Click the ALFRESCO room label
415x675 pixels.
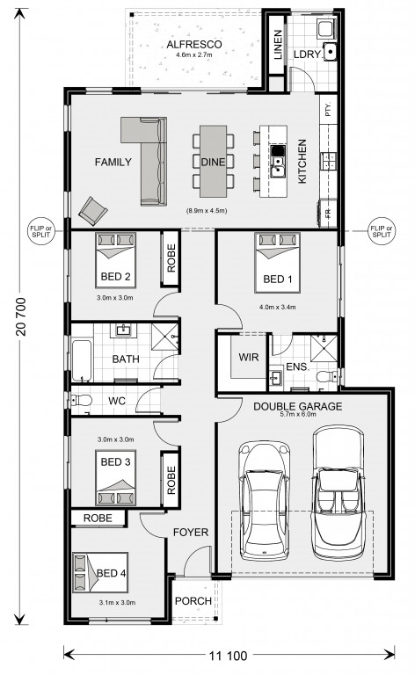pos(194,44)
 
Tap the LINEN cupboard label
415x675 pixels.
pos(278,44)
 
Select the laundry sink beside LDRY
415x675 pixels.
pos(331,52)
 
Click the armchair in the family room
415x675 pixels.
pos(93,211)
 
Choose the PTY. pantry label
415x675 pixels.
pos(329,109)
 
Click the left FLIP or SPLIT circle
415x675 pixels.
pos(41,232)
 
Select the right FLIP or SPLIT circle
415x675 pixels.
pos(382,232)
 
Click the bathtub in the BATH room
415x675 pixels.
pos(82,360)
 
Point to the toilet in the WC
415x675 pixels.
pos(82,401)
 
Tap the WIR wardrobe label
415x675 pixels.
pos(249,357)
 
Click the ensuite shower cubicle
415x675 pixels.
pos(324,348)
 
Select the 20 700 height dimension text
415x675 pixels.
pos(21,316)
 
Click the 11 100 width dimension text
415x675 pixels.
pos(229,656)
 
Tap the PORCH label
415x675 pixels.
pos(193,601)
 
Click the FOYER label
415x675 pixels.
pos(191,533)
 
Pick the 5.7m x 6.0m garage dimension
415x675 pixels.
pos(298,414)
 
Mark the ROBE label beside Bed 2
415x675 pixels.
pos(171,258)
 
